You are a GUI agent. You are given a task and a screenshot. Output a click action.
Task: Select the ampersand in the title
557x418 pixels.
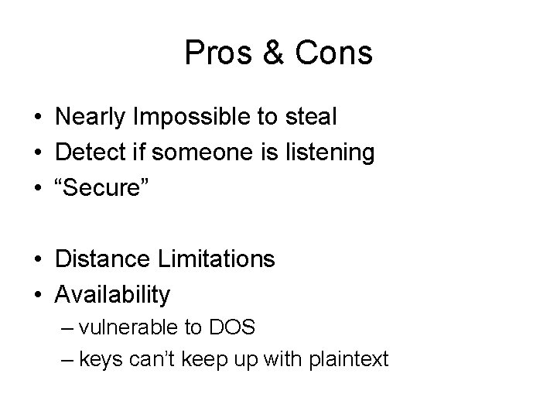[275, 53]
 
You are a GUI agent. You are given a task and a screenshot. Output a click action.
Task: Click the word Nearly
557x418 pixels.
[91, 118]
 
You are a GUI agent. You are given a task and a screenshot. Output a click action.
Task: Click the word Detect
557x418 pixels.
[89, 152]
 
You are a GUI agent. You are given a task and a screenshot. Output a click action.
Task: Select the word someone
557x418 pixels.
[215, 152]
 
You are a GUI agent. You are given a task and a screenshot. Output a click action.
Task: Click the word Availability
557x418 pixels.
[112, 294]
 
